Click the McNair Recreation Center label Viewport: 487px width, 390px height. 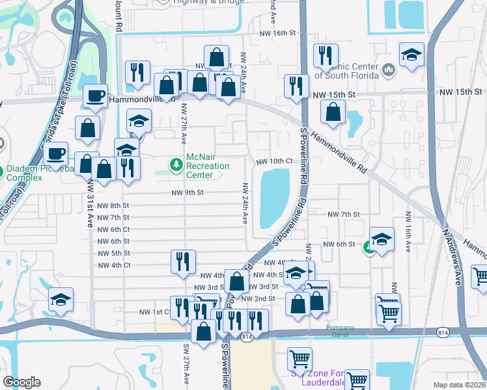208,166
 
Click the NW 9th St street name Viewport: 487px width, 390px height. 188,192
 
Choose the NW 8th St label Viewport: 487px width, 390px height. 113,205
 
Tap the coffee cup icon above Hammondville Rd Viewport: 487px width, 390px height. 96,96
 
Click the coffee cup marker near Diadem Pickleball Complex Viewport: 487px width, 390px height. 56,153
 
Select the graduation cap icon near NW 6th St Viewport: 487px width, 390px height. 382,239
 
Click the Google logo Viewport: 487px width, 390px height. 21,382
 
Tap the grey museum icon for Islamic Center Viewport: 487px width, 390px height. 388,68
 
